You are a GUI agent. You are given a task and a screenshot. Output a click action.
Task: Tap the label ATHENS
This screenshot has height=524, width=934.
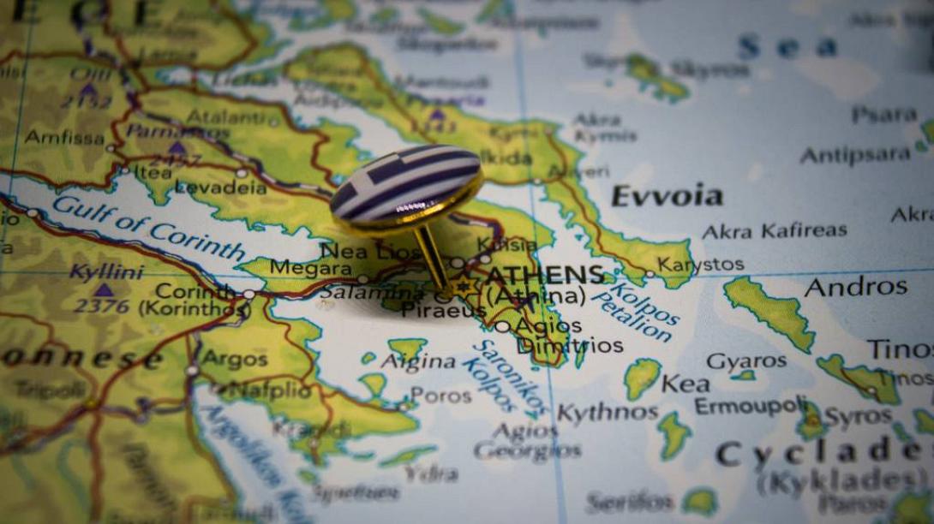click(545, 275)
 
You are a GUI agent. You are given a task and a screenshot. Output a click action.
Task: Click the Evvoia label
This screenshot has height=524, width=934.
click(667, 197)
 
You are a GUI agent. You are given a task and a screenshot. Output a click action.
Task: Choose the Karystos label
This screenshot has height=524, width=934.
click(700, 265)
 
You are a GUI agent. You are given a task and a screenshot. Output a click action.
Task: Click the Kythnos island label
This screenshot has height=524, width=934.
click(608, 413)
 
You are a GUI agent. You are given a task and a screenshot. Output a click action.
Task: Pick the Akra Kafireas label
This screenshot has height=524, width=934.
click(774, 230)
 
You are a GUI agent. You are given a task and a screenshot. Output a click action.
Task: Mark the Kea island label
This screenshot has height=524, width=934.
click(685, 384)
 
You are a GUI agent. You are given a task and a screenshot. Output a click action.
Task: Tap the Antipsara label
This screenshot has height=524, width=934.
click(854, 155)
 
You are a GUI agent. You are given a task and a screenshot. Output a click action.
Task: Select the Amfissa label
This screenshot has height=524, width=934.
click(64, 137)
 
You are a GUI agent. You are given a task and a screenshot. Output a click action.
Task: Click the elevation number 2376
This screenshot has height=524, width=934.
click(101, 306)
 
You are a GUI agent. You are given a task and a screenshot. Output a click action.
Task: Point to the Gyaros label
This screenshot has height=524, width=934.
click(745, 361)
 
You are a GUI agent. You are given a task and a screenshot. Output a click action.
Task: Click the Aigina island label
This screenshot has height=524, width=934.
click(418, 362)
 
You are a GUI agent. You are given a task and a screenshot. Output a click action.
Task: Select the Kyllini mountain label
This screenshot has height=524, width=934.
click(105, 272)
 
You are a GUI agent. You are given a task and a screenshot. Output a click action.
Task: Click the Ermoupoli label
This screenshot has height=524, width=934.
click(751, 405)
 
